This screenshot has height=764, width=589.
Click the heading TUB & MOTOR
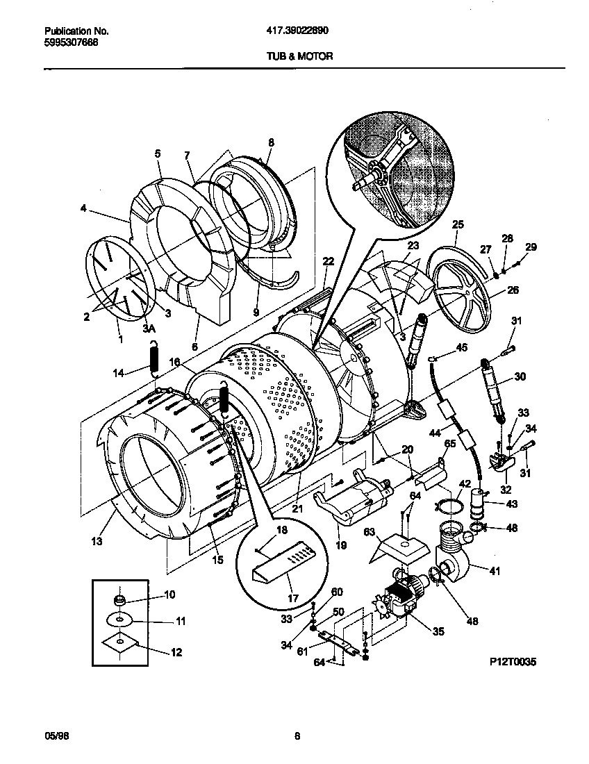pos(300,56)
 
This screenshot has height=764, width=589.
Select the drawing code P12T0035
pos(513,662)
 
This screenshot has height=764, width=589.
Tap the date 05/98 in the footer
pos(53,738)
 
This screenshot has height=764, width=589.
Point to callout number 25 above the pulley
pos(458,224)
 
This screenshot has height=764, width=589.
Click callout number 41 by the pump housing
pos(495,571)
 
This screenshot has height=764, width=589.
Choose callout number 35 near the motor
pos(438,632)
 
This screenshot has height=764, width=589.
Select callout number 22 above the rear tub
pos(329,260)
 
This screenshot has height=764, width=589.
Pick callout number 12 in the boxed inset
pos(176,652)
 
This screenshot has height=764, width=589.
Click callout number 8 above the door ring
pos(271,143)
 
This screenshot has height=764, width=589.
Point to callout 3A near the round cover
pos(147,327)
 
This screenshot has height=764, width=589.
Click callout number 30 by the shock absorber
pos(520,377)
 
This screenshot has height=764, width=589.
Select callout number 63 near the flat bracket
pos(370,533)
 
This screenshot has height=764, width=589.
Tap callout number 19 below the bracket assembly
pos(342,546)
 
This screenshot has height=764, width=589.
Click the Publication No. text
pos(76,31)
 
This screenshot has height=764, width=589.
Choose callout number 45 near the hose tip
pos(461,347)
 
